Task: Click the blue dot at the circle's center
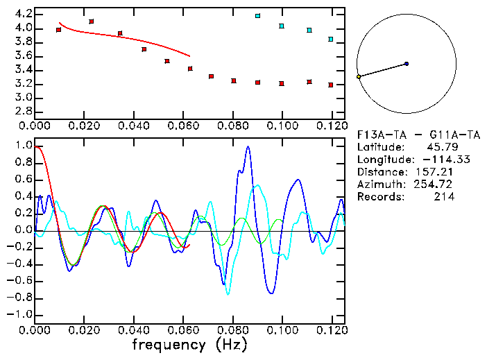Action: point(407,64)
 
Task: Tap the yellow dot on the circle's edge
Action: point(359,76)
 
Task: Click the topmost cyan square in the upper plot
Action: point(257,15)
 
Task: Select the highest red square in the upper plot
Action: point(92,22)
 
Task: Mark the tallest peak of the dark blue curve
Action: point(248,147)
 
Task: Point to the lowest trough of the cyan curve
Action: point(228,294)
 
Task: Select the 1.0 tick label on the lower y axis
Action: point(23,146)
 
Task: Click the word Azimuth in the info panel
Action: point(377,185)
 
